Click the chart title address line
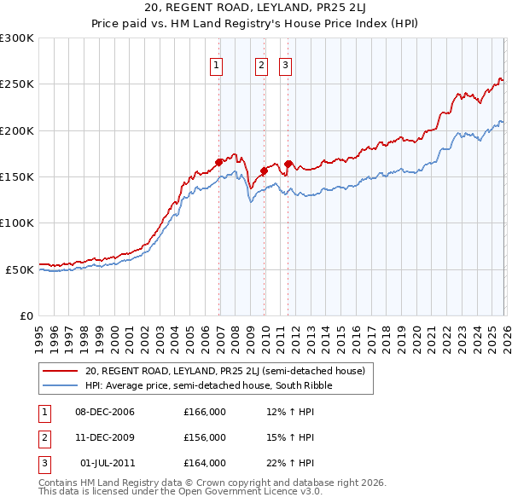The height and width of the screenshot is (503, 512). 255,10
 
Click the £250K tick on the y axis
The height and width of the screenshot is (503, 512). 17,84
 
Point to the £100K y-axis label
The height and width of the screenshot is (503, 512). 17,223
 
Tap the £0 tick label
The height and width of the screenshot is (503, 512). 26,315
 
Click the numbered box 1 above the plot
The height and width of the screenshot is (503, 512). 217,65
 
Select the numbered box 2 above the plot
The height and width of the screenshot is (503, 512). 261,65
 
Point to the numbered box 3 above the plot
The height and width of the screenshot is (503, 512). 285,65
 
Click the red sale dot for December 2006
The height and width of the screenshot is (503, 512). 219,162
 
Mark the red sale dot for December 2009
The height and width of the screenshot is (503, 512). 265,171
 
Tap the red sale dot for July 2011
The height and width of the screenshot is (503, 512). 288,164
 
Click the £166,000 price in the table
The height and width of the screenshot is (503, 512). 205,413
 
